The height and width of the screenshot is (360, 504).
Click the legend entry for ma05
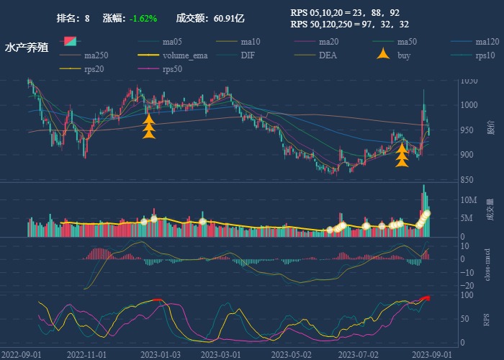[171, 42]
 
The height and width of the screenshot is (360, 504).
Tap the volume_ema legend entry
[185, 55]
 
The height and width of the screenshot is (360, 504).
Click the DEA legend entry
[328, 55]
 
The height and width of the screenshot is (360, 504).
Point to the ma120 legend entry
[487, 42]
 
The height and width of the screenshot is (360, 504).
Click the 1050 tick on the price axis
[470, 81]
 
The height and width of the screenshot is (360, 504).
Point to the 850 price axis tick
[468, 180]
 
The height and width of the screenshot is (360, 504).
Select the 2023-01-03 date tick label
[160, 354]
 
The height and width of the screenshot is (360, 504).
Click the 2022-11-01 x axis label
[86, 354]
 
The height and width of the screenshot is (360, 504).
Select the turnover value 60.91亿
[229, 18]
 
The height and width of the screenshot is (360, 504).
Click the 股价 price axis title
[490, 130]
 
